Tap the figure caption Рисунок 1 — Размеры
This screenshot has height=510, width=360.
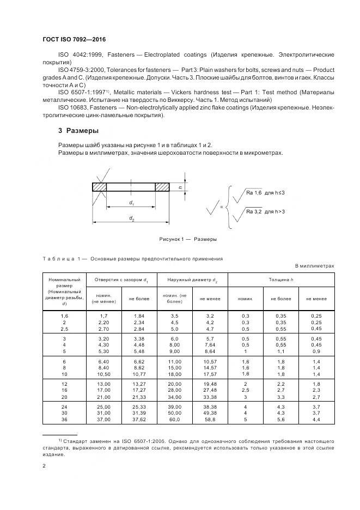tap(188, 239)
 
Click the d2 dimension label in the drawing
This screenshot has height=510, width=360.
tap(131, 218)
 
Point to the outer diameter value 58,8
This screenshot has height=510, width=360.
tap(210, 420)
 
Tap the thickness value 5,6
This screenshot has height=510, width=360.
tap(281, 420)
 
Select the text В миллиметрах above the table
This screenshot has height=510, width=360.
tap(314, 266)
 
